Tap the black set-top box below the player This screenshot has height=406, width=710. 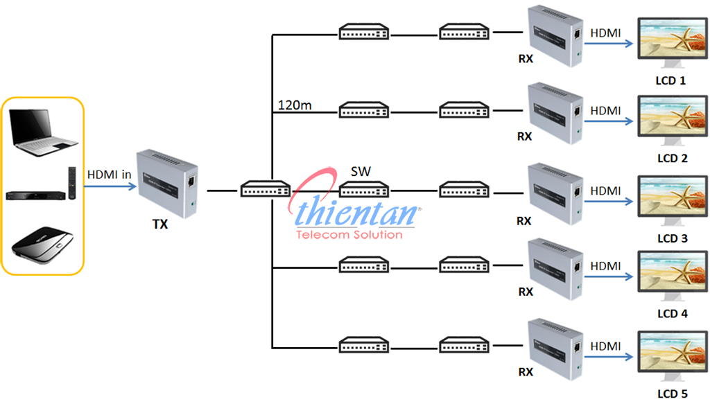[42, 243]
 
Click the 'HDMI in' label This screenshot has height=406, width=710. [109, 175]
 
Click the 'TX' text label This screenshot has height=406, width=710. [160, 224]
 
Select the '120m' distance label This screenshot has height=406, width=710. [294, 105]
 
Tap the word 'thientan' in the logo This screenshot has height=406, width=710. [357, 213]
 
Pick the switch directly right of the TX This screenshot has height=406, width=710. [266, 189]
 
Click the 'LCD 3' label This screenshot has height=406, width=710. [671, 238]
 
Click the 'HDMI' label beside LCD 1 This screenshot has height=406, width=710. [606, 32]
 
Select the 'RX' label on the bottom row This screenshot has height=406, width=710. [526, 372]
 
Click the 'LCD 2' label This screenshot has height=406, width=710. [671, 158]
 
